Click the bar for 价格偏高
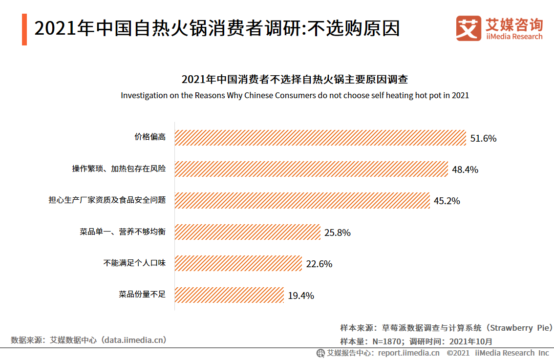pyautogui.click(x=320, y=138)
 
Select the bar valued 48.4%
pyautogui.click(x=311, y=169)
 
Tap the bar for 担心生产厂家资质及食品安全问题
pyautogui.click(x=302, y=200)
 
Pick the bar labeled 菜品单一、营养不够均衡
pyautogui.click(x=247, y=232)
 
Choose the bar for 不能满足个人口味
pyautogui.click(x=238, y=263)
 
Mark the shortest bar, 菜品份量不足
pyautogui.click(x=229, y=295)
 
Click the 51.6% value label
pyautogui.click(x=483, y=138)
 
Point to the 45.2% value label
pyautogui.click(x=447, y=201)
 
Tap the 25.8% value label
pyautogui.click(x=337, y=233)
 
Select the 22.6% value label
pyautogui.click(x=319, y=264)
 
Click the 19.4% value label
pyautogui.click(x=300, y=296)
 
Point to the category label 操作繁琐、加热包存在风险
pyautogui.click(x=119, y=169)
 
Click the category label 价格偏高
pyautogui.click(x=150, y=137)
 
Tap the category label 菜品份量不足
pyautogui.click(x=142, y=295)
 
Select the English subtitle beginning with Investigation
pyautogui.click(x=295, y=95)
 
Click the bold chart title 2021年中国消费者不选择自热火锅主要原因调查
pyautogui.click(x=295, y=79)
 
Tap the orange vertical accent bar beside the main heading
pyautogui.click(x=24, y=29)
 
